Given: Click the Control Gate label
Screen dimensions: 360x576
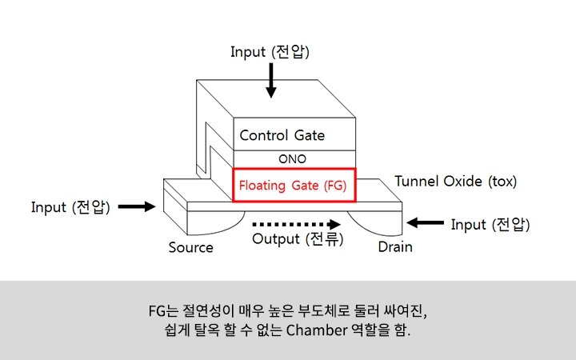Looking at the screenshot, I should (x=282, y=135).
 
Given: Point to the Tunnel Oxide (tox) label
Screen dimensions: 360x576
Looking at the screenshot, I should (x=455, y=182).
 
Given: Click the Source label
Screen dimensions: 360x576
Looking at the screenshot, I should (x=190, y=247).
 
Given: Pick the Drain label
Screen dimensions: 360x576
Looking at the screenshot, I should (x=394, y=247).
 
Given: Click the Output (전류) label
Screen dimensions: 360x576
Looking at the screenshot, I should (x=297, y=238).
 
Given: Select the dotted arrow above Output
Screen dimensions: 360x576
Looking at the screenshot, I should (x=291, y=224).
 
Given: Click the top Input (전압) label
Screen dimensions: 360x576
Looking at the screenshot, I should (x=270, y=52).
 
